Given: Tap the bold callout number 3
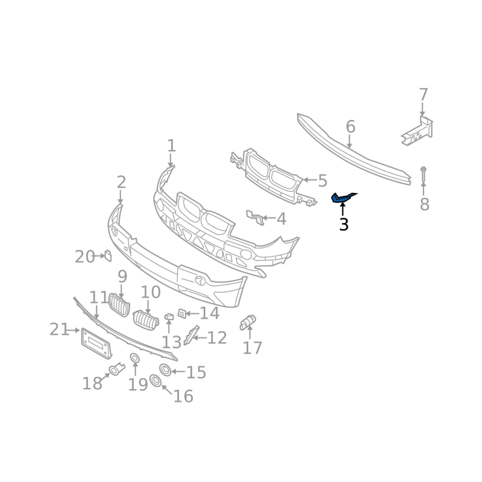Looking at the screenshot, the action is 344,225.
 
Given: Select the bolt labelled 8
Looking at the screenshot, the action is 424,174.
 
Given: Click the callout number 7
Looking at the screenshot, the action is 424,95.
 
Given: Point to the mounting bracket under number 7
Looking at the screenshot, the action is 418,131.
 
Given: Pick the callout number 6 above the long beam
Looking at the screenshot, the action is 351,127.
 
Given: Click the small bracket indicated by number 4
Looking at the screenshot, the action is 255,217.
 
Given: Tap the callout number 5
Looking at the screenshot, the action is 322,181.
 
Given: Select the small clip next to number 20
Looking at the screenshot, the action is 108,255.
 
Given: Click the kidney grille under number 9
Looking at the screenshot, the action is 119,305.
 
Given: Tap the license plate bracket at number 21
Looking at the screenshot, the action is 96,343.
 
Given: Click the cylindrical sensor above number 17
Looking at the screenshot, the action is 248,322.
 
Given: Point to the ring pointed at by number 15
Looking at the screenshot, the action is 165,370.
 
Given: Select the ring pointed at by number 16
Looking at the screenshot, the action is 155,381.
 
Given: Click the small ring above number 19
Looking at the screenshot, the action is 134,358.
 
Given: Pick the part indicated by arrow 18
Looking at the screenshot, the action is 116,369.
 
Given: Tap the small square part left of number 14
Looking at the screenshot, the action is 182,313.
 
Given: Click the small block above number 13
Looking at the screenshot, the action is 169,316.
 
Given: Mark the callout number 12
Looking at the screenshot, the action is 217,337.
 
